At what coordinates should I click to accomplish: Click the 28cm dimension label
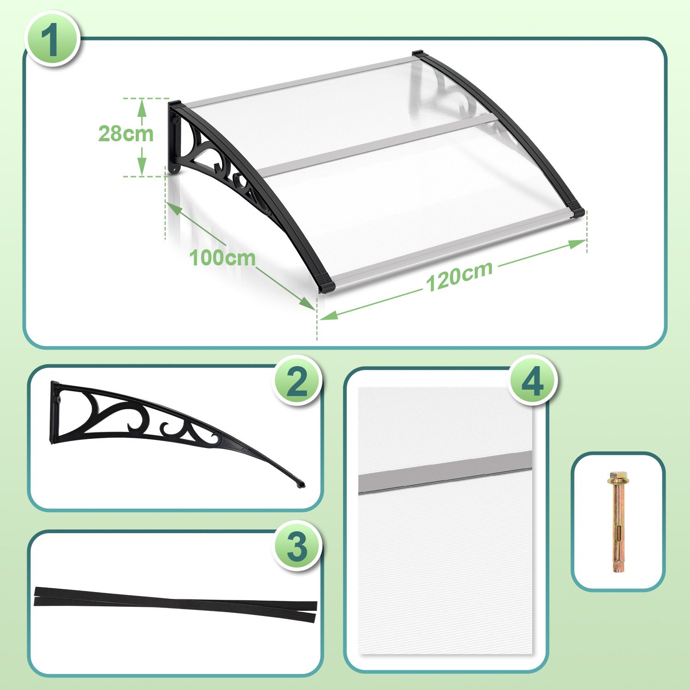pyautogui.click(x=126, y=133)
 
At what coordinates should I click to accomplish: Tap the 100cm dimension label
pyautogui.click(x=222, y=257)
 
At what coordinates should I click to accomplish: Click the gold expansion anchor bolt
pyautogui.click(x=617, y=521)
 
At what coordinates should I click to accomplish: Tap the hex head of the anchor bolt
pyautogui.click(x=616, y=475)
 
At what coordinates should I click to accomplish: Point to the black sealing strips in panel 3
pyautogui.click(x=175, y=604)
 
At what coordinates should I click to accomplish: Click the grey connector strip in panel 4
pyautogui.click(x=445, y=471)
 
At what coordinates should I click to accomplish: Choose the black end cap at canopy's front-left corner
pyautogui.click(x=326, y=284)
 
